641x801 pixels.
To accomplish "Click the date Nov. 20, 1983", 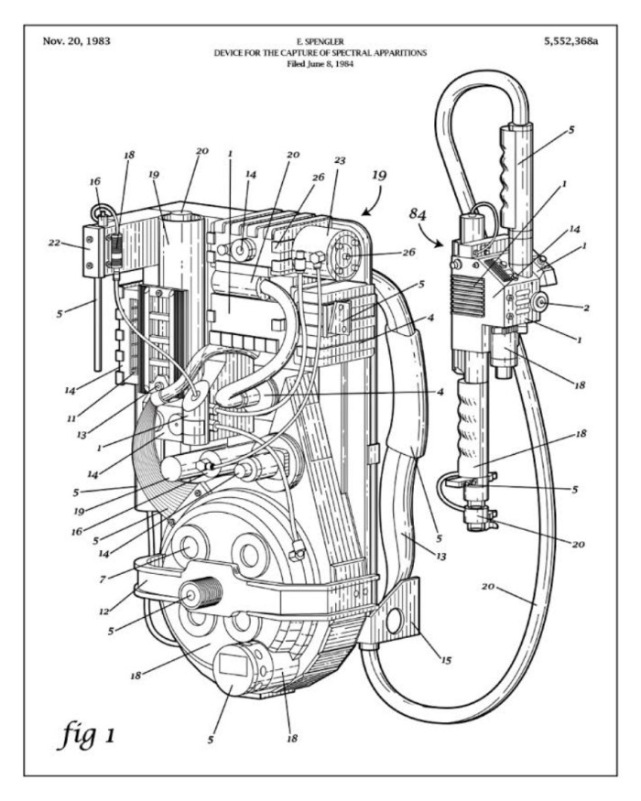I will (x=77, y=41).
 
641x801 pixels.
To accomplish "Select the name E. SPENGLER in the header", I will (x=320, y=43).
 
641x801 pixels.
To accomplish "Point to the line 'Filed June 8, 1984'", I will (x=320, y=65).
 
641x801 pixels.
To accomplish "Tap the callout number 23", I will (x=339, y=160).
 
